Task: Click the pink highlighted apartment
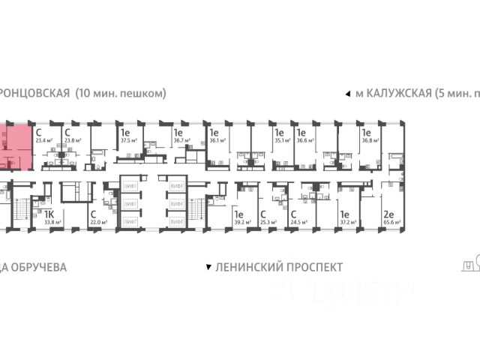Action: [15, 147]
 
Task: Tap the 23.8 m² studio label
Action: [72, 139]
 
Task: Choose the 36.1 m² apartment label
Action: [218, 139]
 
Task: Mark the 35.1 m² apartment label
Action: [283, 139]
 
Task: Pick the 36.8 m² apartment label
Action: [370, 139]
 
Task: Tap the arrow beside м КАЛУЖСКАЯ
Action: [346, 94]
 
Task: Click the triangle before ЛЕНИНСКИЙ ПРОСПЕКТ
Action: [208, 267]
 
